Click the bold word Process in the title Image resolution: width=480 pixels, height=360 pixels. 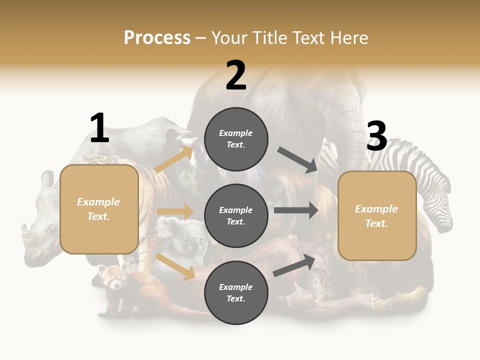point(157,37)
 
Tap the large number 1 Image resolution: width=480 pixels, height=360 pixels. point(99,128)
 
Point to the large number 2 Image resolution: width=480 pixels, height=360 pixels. point(236,75)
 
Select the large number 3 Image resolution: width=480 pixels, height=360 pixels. point(376,136)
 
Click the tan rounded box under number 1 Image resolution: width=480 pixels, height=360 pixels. point(99,209)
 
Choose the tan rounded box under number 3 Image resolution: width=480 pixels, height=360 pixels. point(377,215)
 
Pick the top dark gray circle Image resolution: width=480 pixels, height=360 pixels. point(236,139)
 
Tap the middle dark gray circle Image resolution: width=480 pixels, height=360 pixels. point(236,215)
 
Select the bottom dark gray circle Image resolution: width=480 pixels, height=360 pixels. point(236,292)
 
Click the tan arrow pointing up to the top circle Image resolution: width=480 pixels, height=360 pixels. point(174,159)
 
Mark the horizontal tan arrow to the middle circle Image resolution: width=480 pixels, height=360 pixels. point(175,211)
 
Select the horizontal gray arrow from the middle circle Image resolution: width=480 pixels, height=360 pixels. point(296,210)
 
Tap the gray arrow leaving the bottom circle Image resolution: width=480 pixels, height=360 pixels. point(294,265)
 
